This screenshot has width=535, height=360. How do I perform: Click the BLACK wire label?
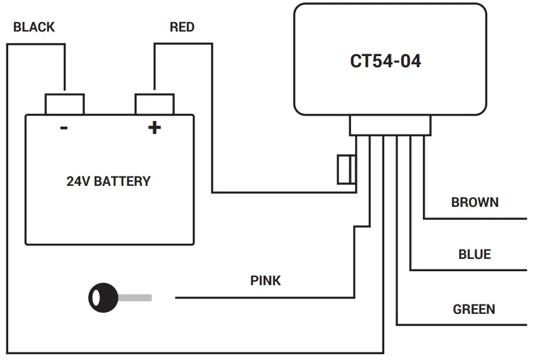(x=34, y=27)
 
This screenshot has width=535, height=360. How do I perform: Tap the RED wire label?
(x=182, y=27)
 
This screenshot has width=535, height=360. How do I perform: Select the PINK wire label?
(x=266, y=281)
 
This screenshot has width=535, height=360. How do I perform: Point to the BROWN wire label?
(x=475, y=202)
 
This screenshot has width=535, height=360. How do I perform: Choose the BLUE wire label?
(x=474, y=254)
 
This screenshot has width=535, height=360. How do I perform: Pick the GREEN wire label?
(x=474, y=309)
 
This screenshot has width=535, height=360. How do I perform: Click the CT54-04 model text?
(x=385, y=61)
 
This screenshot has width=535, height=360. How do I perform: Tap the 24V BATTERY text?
(x=109, y=181)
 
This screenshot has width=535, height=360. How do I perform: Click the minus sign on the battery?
(x=64, y=128)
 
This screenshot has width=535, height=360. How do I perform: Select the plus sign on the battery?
(x=154, y=128)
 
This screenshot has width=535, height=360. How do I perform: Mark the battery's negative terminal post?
(x=64, y=103)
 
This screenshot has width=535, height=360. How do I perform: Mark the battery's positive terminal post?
(x=154, y=103)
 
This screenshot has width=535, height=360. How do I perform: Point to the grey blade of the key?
(x=136, y=297)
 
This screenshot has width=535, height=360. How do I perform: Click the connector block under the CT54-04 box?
(x=390, y=125)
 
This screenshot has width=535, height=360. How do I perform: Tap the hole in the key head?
(x=93, y=297)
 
